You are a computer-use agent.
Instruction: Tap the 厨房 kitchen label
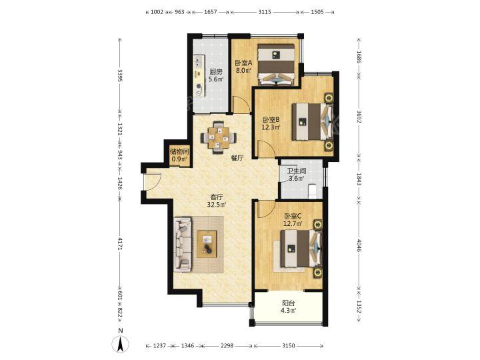[x=216, y=75]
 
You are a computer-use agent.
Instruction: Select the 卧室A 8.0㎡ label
[x=243, y=67]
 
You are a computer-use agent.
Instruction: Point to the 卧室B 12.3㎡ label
[x=271, y=123]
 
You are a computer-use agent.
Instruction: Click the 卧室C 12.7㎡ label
[x=293, y=219]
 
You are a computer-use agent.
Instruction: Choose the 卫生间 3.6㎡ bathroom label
[x=296, y=175]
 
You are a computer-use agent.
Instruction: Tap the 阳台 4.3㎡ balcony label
[x=288, y=307]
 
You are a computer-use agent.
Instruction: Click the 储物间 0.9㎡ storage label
[x=179, y=155]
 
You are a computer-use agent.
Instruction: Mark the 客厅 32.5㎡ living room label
[x=216, y=201]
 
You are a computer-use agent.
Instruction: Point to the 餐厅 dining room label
[x=237, y=158]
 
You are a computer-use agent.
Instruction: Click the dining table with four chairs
[x=219, y=137]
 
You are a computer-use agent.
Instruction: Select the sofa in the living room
[x=183, y=244]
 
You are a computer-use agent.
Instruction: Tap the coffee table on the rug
[x=207, y=244]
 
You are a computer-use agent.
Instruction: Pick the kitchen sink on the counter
[x=199, y=61]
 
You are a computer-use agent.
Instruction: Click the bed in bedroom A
[x=276, y=64]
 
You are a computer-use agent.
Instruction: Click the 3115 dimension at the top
[x=265, y=12]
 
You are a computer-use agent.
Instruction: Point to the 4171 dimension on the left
[x=120, y=244]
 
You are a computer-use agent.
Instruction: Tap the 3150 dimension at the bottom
[x=288, y=345]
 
